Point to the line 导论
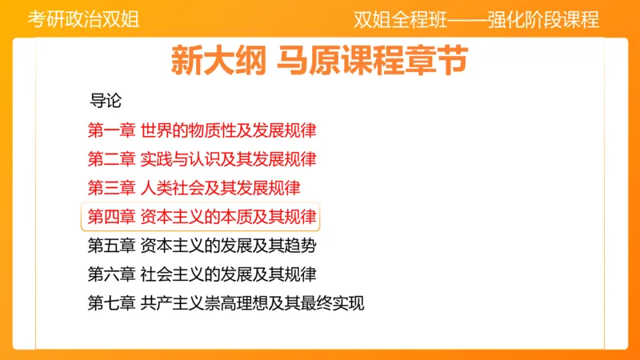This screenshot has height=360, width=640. coord(105,102)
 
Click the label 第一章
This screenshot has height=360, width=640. coord(111,130)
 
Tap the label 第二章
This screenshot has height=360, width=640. coord(111,159)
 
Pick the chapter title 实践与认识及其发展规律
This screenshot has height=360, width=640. coord(228,159)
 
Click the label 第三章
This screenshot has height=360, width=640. coord(111,188)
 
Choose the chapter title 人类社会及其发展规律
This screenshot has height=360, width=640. coord(220,188)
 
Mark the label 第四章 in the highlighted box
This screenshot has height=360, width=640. coord(111,217)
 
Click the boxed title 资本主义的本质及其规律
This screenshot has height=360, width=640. coord(228,217)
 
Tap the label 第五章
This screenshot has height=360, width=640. coord(111,246)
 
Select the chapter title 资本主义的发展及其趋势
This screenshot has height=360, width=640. coord(228,246)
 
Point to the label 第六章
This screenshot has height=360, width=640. coord(111,274)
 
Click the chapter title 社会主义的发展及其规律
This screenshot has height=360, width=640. coord(228,274)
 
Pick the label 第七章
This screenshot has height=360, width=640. coord(111,303)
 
